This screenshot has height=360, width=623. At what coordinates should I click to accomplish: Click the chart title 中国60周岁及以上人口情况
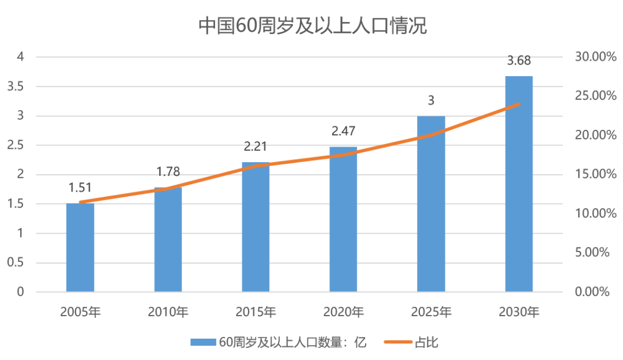pos(313,26)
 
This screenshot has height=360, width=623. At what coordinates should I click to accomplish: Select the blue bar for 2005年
pos(80,248)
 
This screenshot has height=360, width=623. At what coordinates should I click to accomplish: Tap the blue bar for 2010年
pos(168,240)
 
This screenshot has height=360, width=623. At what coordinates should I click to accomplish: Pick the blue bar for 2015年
pos(256,227)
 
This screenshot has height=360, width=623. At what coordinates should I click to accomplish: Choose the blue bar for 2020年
pos(343,220)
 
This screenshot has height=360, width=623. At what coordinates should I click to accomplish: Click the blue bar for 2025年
pos(431,204)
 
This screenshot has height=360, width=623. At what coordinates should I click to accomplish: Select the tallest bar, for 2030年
pos(519,184)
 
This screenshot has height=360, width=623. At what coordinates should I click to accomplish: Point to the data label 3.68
pos(519,61)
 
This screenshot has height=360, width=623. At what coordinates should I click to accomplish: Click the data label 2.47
pos(343,132)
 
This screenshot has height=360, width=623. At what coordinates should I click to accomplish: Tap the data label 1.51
pos(80,187)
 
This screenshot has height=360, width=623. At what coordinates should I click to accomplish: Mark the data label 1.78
pos(168,172)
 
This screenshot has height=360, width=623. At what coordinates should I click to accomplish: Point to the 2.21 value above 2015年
pos(256,147)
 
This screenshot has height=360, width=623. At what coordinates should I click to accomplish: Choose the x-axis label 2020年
pos(343,312)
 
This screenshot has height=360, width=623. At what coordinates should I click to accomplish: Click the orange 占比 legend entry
pos(412,342)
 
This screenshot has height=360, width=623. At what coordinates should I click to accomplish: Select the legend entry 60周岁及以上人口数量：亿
pos(279,342)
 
